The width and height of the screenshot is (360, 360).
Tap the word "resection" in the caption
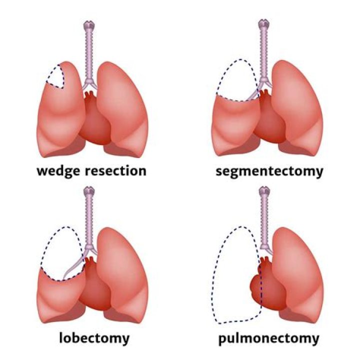pyautogui.click(x=115, y=171)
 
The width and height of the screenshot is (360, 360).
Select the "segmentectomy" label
pyautogui.click(x=269, y=171)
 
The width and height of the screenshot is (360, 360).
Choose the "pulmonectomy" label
pyautogui.click(x=269, y=338)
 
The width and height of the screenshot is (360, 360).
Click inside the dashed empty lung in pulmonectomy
pyautogui.click(x=234, y=280)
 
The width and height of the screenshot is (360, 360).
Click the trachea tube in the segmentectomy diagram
pyautogui.click(x=263, y=55)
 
